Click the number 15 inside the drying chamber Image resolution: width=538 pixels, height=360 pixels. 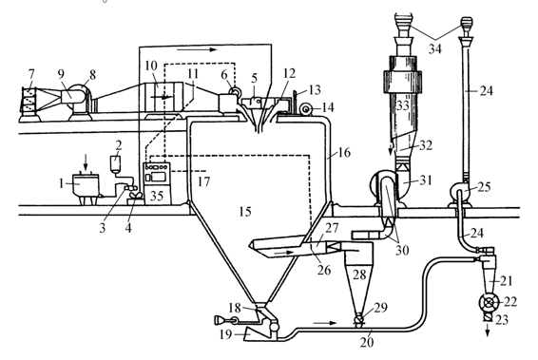245,212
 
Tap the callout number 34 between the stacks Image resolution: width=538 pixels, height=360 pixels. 434,49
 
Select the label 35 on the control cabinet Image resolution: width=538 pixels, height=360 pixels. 157,196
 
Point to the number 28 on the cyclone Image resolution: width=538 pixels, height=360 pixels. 359,275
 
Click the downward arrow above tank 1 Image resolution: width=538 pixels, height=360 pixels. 86,161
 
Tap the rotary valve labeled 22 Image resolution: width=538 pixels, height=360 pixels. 489,302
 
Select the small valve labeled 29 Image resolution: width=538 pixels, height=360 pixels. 359,320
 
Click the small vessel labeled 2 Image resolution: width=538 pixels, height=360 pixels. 116,164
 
